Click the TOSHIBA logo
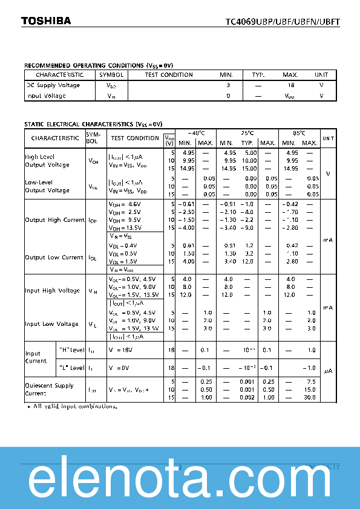46,21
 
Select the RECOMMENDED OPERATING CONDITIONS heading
94,65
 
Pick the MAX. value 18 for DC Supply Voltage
291,85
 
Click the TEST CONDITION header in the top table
169,75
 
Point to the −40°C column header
196,133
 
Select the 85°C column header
298,133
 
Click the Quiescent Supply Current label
49,389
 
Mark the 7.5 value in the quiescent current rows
311,381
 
